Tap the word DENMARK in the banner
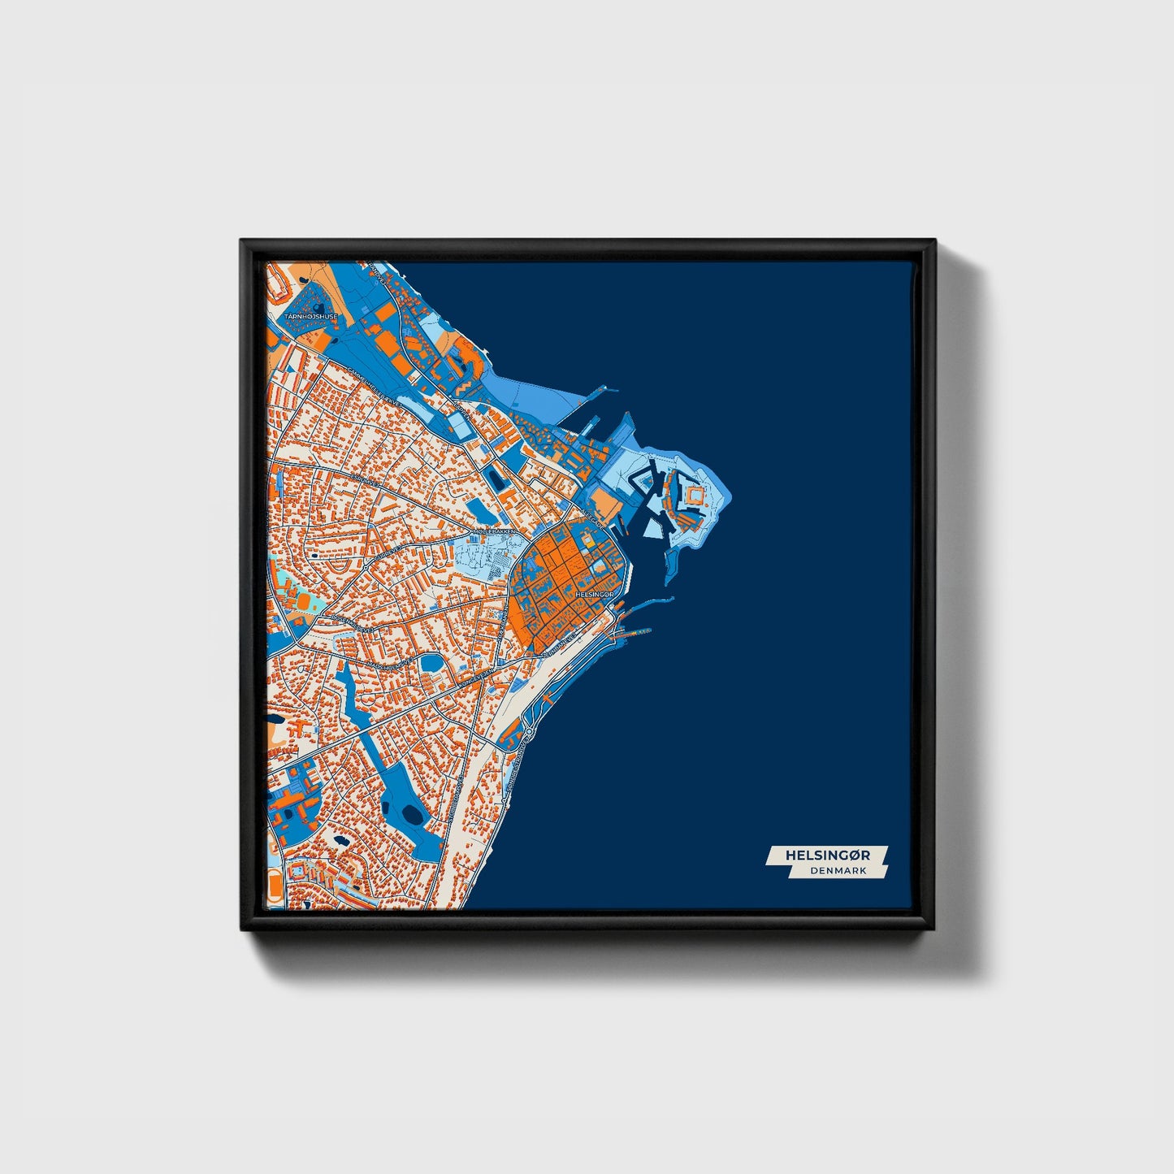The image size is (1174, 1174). tap(838, 870)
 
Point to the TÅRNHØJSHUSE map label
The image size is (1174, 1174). tap(310, 316)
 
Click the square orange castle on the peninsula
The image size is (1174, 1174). tap(695, 494)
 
